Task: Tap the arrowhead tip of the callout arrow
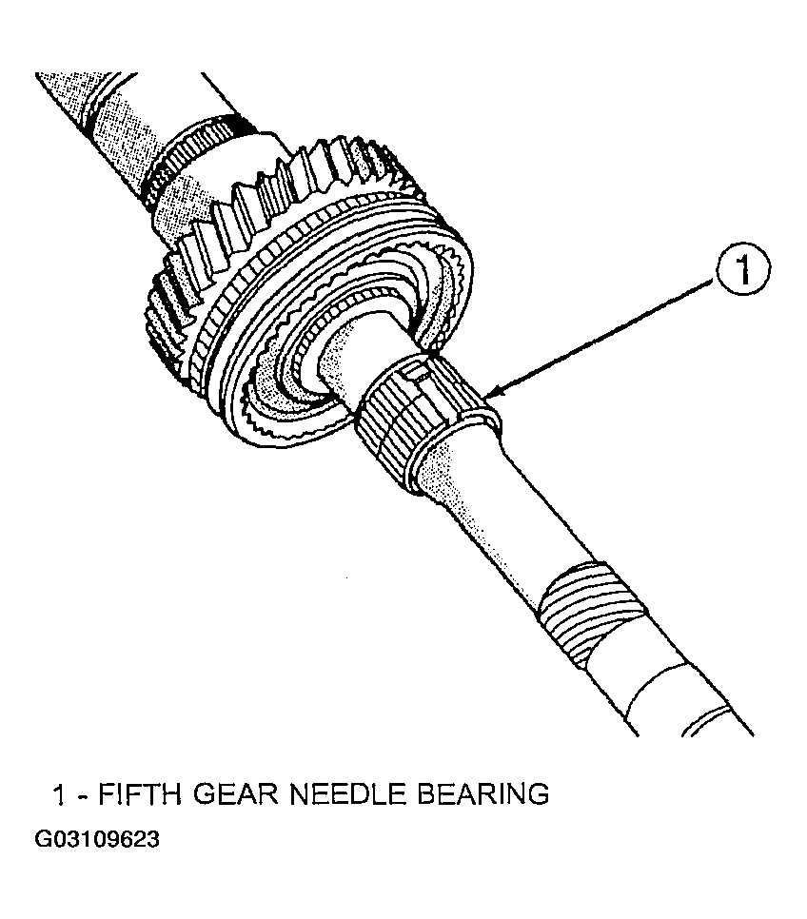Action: [487, 397]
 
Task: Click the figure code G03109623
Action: [97, 839]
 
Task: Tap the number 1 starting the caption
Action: [58, 795]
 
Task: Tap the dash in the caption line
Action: [83, 796]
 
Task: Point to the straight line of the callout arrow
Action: [602, 339]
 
